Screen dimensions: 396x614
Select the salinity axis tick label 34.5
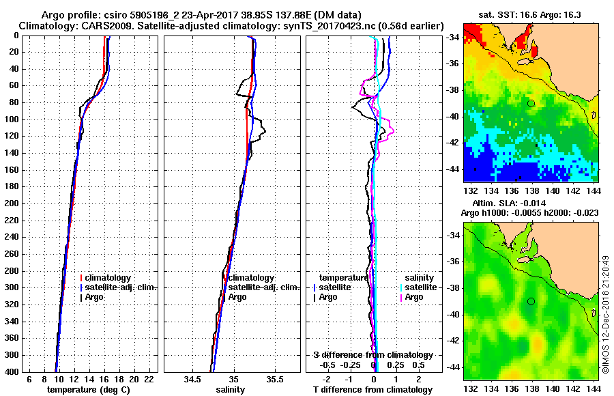[192, 379]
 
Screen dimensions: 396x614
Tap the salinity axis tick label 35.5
[275, 379]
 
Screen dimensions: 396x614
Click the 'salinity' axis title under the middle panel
[230, 389]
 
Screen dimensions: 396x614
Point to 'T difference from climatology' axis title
[372, 389]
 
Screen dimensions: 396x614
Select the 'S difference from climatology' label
[372, 355]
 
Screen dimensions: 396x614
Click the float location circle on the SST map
[531, 103]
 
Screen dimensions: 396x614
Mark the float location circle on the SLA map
[531, 301]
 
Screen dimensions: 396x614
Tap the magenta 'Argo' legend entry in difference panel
[414, 297]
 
